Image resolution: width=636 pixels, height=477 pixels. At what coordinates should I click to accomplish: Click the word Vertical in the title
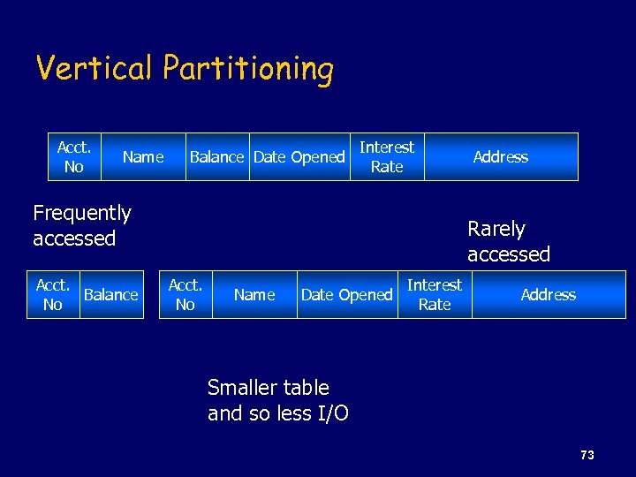(x=96, y=68)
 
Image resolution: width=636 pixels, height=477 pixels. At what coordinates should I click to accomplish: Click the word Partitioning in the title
(x=248, y=69)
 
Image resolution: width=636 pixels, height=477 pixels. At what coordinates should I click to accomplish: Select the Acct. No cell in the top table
(x=74, y=157)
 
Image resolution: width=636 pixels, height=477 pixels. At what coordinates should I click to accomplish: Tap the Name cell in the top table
(x=143, y=157)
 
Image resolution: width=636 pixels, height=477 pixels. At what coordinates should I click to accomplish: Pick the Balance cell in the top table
(x=216, y=157)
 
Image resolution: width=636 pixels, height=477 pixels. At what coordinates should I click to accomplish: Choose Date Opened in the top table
(x=299, y=157)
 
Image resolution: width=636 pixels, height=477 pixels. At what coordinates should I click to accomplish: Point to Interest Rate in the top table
(x=387, y=157)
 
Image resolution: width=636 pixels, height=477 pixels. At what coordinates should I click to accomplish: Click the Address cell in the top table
(x=500, y=157)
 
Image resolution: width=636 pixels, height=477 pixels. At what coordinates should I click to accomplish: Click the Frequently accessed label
(x=81, y=225)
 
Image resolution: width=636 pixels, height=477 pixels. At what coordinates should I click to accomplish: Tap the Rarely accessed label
(x=508, y=241)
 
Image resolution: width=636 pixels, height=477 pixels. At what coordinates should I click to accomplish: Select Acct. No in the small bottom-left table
(x=53, y=295)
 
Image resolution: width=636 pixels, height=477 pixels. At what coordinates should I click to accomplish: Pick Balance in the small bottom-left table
(x=111, y=295)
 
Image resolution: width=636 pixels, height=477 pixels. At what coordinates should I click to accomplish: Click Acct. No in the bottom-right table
(x=185, y=295)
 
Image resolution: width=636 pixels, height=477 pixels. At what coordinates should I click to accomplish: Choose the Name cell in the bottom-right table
(x=254, y=295)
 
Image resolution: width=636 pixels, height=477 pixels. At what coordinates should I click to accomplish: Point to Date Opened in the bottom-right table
(x=346, y=295)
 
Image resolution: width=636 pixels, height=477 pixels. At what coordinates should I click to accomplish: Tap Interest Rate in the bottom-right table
(x=435, y=295)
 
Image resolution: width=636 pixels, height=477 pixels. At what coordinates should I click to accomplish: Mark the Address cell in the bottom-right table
(x=548, y=295)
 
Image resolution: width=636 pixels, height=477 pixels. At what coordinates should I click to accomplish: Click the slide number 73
(x=587, y=455)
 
